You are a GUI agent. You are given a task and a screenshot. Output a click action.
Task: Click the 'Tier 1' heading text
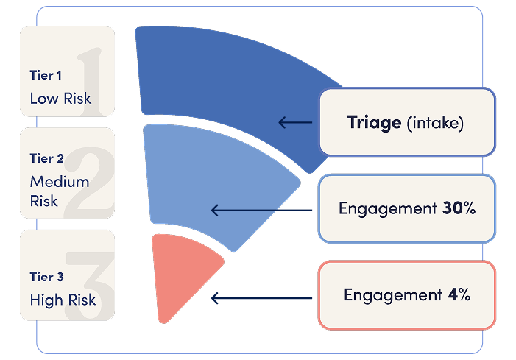(46, 75)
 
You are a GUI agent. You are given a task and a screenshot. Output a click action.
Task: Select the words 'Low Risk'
(60, 98)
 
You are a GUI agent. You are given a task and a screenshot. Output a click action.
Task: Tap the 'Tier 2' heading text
(46, 158)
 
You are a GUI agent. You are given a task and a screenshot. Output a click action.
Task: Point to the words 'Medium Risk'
(59, 191)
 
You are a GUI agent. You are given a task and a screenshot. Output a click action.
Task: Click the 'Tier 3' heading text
(46, 278)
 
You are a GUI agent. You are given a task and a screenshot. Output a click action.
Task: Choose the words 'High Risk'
(63, 300)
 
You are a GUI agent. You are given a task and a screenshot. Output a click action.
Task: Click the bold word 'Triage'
(374, 122)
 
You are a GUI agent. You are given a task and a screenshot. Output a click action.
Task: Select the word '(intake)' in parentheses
(435, 123)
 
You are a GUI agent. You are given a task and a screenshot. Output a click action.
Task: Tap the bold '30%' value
(459, 208)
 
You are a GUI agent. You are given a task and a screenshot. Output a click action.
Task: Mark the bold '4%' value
(459, 295)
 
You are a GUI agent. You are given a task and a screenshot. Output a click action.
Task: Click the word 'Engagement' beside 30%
(387, 208)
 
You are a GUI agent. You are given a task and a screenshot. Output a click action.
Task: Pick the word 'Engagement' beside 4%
(392, 295)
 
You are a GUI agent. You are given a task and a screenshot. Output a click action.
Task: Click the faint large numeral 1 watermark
(91, 74)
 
